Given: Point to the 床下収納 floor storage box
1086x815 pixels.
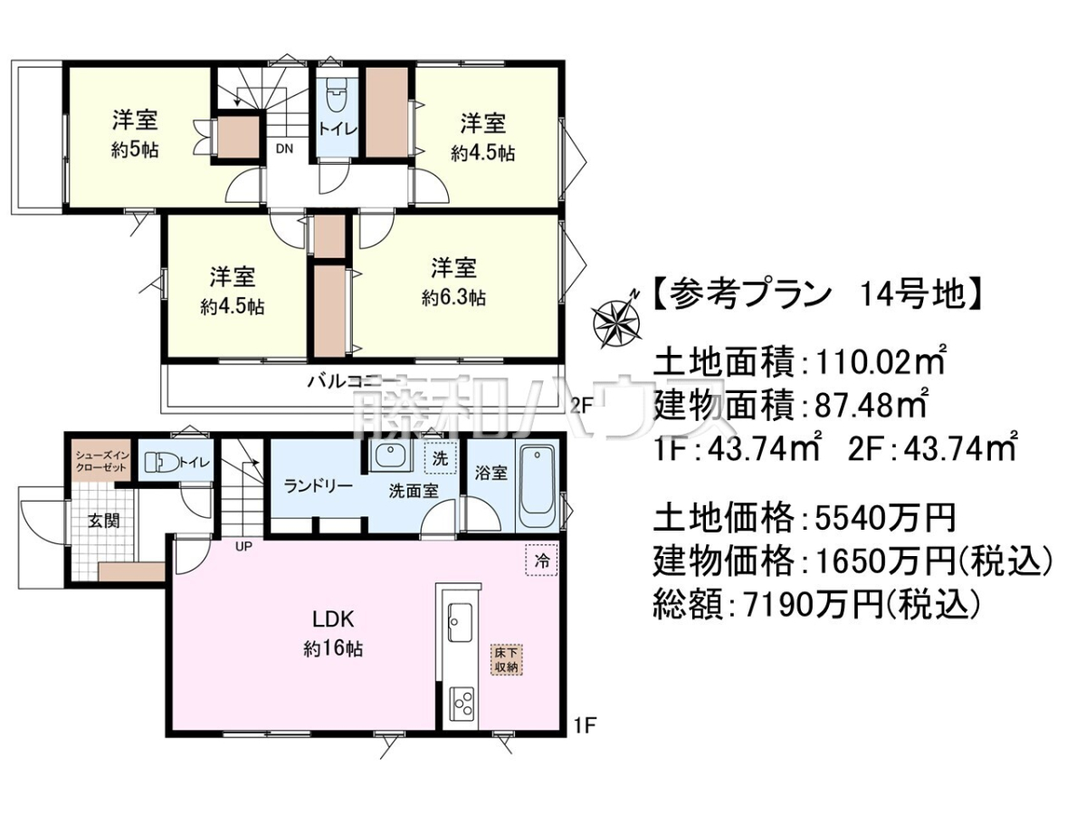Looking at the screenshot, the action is tap(506, 659).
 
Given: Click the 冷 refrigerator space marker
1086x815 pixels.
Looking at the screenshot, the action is tap(542, 561).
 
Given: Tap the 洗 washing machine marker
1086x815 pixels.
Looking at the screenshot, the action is tap(439, 458).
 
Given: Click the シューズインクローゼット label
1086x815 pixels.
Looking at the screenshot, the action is tap(103, 461).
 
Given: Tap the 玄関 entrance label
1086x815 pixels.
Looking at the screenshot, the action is tap(104, 521).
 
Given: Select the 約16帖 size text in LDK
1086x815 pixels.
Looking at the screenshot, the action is tap(333, 648).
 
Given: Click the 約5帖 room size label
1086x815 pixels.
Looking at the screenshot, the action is tap(134, 150).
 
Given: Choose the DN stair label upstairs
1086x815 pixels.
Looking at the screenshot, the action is tap(284, 149).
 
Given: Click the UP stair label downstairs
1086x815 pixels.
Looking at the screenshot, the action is tap(243, 546).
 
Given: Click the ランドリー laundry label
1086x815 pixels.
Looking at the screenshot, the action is tap(319, 486).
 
